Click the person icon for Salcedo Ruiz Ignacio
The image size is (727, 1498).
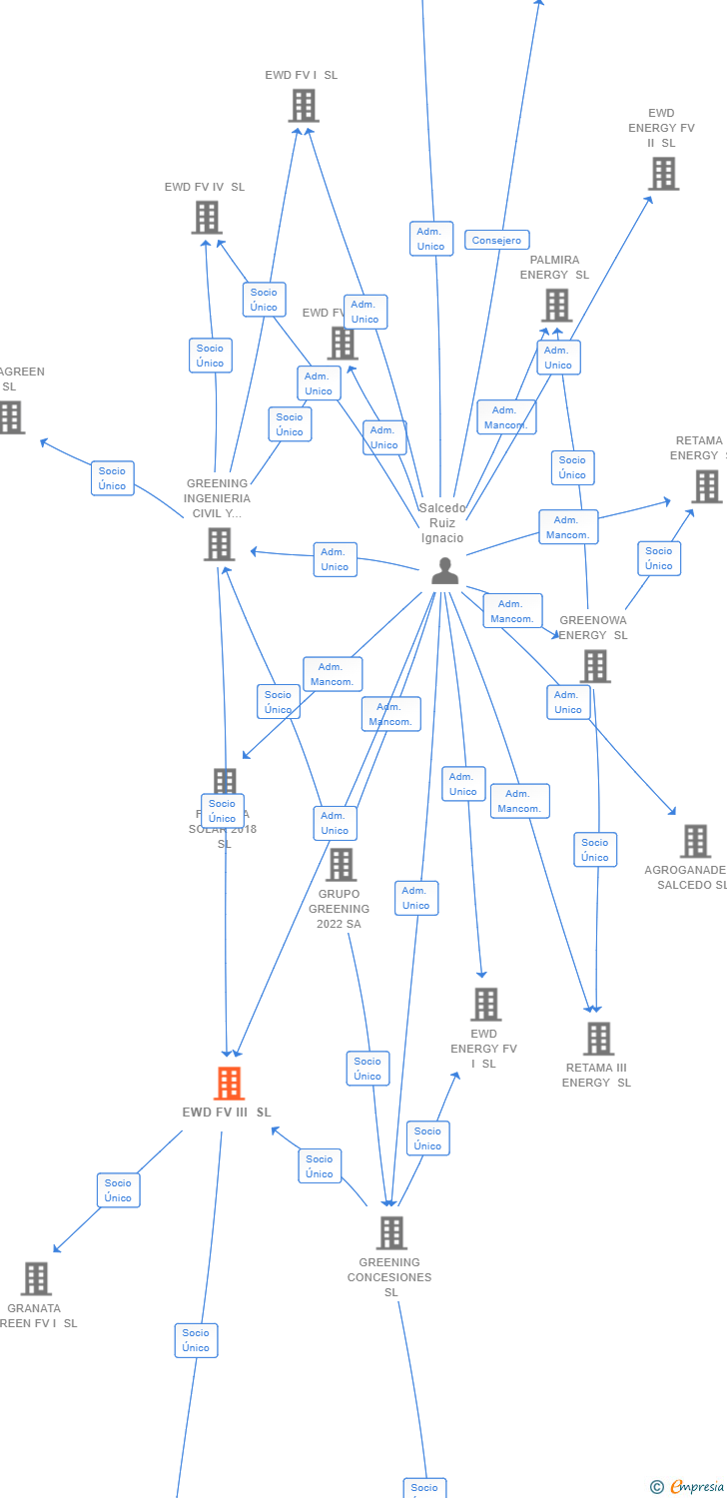(444, 570)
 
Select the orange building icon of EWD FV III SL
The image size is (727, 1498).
(229, 1083)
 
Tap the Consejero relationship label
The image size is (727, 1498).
(496, 240)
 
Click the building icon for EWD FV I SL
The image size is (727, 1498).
(304, 105)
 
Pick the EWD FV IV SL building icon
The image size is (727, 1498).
(207, 217)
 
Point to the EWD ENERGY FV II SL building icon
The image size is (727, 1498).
(663, 174)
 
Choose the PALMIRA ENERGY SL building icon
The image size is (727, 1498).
(556, 305)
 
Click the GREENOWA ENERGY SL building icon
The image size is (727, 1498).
(595, 666)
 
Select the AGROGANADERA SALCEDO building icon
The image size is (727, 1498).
(695, 841)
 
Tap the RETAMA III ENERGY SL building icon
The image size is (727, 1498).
(598, 1039)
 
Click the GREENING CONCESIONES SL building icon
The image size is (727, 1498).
(391, 1232)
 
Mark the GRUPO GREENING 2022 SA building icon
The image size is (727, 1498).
(341, 864)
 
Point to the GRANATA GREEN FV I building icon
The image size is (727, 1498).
(36, 1278)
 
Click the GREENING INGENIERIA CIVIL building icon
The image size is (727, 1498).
(219, 544)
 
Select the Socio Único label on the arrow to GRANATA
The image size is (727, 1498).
(118, 1190)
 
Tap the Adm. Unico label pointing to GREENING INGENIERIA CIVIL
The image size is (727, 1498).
(335, 559)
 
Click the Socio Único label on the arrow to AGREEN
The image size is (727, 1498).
(112, 478)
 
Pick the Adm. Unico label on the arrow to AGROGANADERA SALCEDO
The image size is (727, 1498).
(568, 702)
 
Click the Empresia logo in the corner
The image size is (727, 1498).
(688, 1487)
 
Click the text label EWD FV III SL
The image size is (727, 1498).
(227, 1113)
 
